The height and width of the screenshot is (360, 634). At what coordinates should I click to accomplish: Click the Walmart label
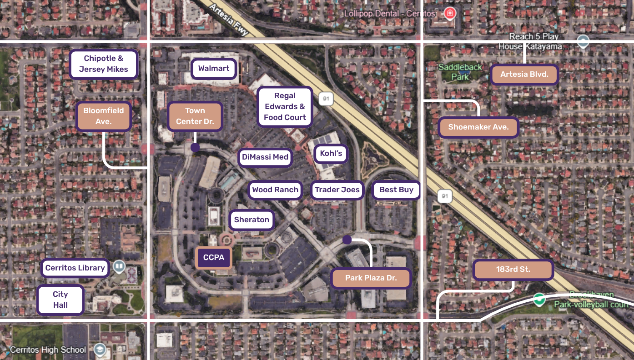pos(214,69)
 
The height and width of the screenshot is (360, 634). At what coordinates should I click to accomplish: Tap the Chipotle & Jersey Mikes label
pos(104,64)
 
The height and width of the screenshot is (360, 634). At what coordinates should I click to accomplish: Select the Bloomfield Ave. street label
pos(104,116)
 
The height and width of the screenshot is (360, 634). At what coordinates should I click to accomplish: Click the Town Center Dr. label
pos(195,116)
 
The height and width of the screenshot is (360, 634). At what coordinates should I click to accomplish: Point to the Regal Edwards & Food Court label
pos(285,106)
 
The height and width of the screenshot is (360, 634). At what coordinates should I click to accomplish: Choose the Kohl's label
pos(331,154)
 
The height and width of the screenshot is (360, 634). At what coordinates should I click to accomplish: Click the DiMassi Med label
pos(265,157)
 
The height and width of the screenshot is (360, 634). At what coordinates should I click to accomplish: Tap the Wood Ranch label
pos(275,190)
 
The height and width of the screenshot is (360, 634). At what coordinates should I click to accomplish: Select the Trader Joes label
pos(337,190)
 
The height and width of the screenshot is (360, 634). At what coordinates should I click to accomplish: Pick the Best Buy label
pos(396,190)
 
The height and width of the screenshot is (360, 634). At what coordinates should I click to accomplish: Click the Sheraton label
pos(252,220)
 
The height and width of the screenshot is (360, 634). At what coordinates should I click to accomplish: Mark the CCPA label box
pos(214,258)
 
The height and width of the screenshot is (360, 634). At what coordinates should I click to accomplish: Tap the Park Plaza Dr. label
pos(371,278)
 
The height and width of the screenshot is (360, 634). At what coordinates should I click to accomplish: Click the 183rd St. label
pos(513,270)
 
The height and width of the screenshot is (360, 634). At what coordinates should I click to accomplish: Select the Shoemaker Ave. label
pos(478,127)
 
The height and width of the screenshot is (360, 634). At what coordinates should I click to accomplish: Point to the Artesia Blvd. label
pos(524,75)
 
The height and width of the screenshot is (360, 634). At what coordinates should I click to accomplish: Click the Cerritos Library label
pos(75,268)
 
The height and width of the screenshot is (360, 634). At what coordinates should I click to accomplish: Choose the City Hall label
pos(60,300)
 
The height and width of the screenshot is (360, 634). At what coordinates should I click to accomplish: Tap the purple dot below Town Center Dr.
pos(195,147)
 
